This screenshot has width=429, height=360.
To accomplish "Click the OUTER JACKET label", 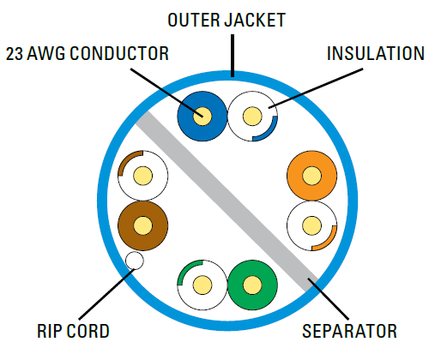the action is (227, 20).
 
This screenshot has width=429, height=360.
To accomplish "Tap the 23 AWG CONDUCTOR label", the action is (88, 53).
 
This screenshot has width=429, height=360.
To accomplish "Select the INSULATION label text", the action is (376, 53).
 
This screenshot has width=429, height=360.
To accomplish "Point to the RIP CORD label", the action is (73, 331).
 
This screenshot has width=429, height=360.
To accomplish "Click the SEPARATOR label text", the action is (349, 331).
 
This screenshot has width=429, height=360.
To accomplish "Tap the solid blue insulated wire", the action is (202, 117).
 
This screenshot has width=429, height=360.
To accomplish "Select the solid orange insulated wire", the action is (311, 176).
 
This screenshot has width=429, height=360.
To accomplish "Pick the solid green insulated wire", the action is (252, 285).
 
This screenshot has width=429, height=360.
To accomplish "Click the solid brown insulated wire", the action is (143, 225).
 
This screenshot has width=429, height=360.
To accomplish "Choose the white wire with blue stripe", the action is (252, 117).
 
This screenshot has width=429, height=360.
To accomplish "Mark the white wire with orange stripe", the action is (311, 225).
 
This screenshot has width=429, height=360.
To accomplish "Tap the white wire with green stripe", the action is (202, 285).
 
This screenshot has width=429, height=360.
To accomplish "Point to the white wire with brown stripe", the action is (143, 176).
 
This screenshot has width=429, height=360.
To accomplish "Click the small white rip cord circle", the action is (135, 261).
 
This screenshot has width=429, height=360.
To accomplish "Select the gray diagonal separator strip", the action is (227, 201).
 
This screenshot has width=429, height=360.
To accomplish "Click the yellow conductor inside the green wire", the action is (252, 285).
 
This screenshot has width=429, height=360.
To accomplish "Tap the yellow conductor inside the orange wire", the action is (311, 176).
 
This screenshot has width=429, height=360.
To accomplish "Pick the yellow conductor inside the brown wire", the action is (143, 225).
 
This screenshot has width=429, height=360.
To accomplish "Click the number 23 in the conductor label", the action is (14, 54).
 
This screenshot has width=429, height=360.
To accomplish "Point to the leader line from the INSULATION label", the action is (316, 88).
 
